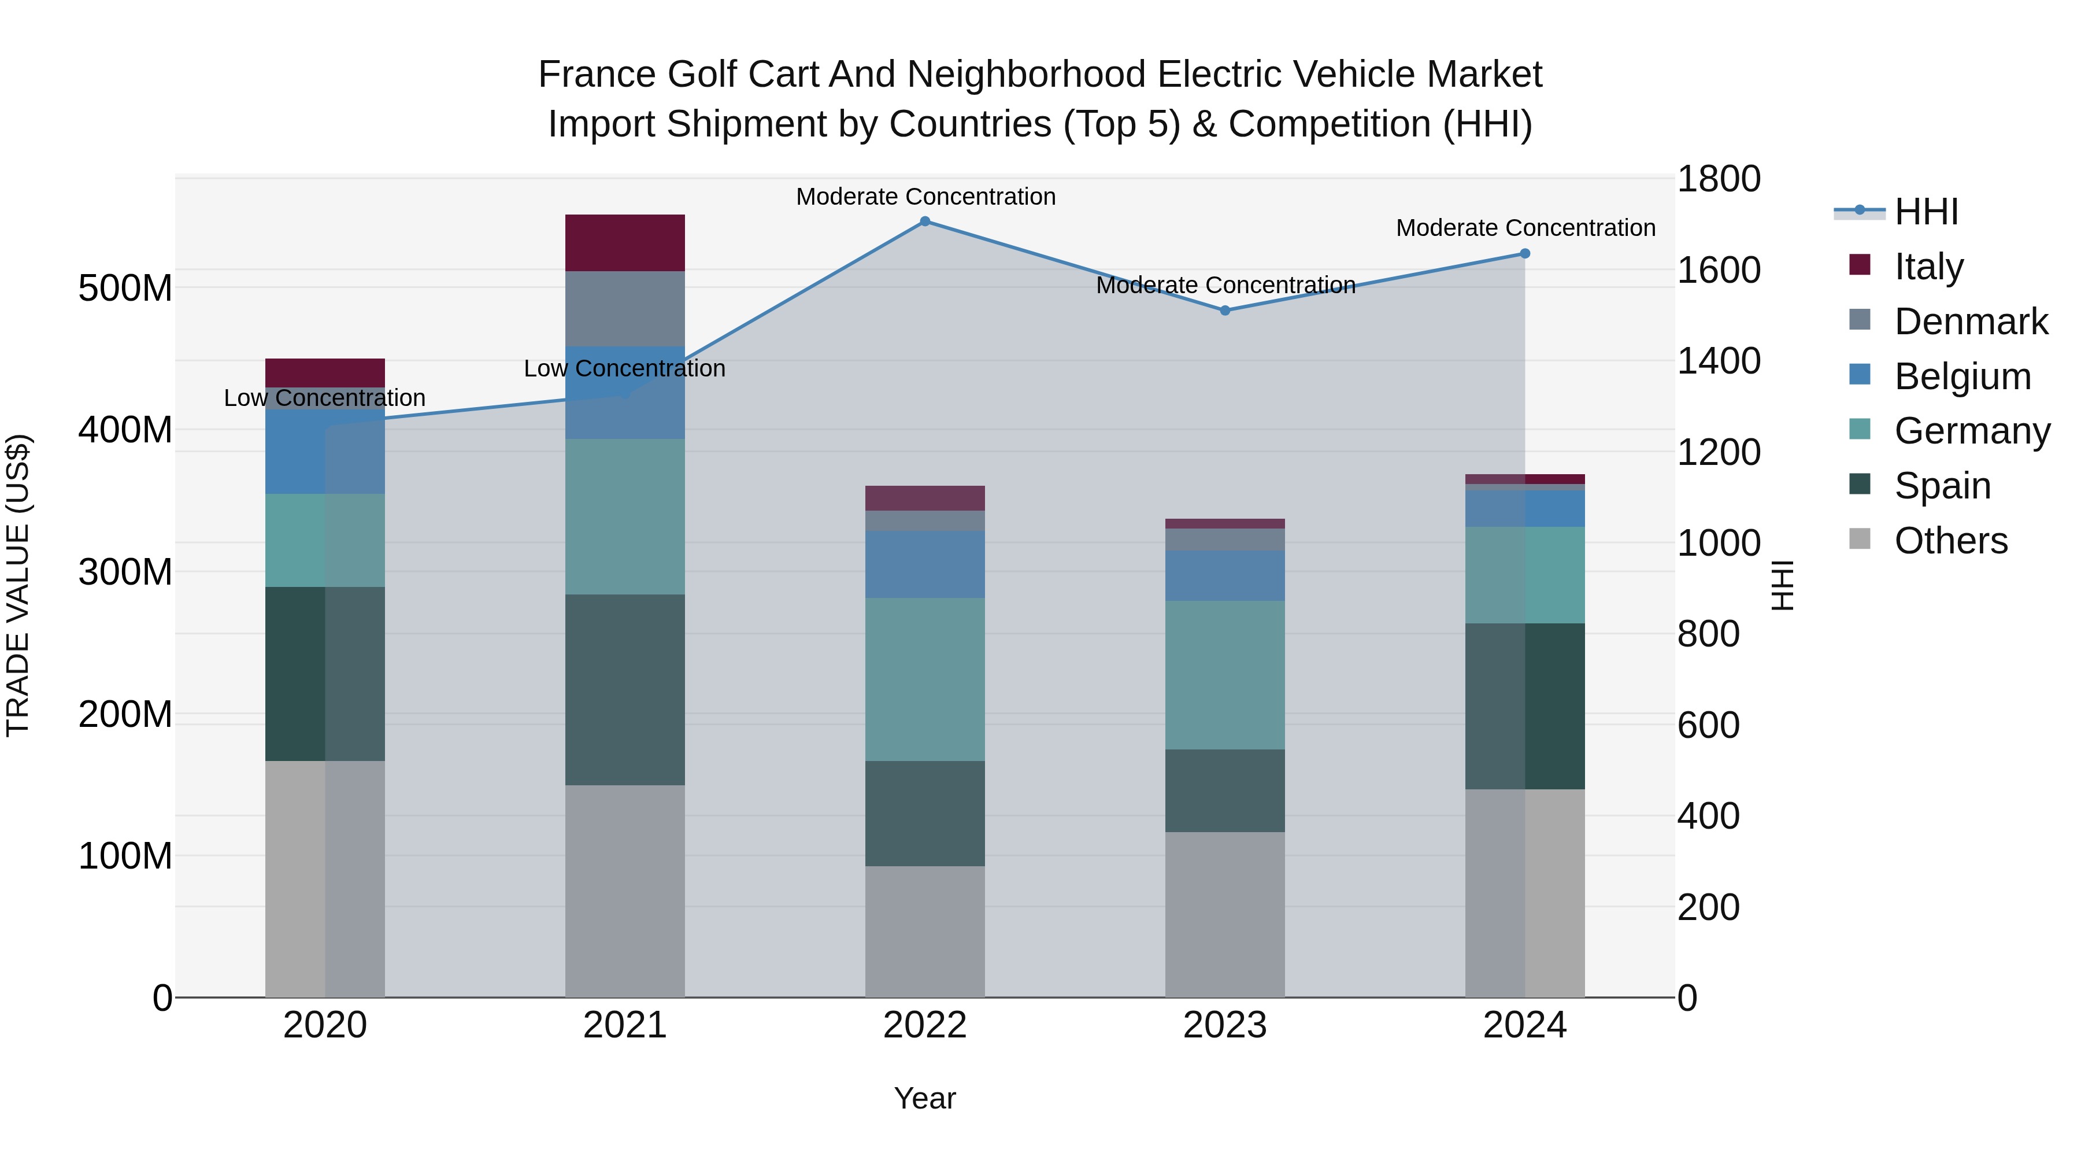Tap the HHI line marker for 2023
pyautogui.click(x=1225, y=311)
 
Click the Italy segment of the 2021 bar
pyautogui.click(x=624, y=242)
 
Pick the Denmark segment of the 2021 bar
pyautogui.click(x=624, y=309)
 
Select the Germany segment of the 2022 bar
pyautogui.click(x=925, y=679)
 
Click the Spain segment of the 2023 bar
pyautogui.click(x=1225, y=790)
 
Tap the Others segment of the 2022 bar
pyautogui.click(x=925, y=931)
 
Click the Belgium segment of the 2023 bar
pyautogui.click(x=1225, y=575)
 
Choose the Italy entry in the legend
pyautogui.click(x=1928, y=267)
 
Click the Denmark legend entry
pyautogui.click(x=1971, y=322)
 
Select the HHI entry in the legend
pyautogui.click(x=1926, y=212)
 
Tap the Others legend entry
pyautogui.click(x=1950, y=541)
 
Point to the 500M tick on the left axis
pyautogui.click(x=125, y=288)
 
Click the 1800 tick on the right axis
pyautogui.click(x=1719, y=179)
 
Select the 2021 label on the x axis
pyautogui.click(x=624, y=1025)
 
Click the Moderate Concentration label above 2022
pyautogui.click(x=926, y=197)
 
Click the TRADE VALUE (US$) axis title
pyautogui.click(x=18, y=585)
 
